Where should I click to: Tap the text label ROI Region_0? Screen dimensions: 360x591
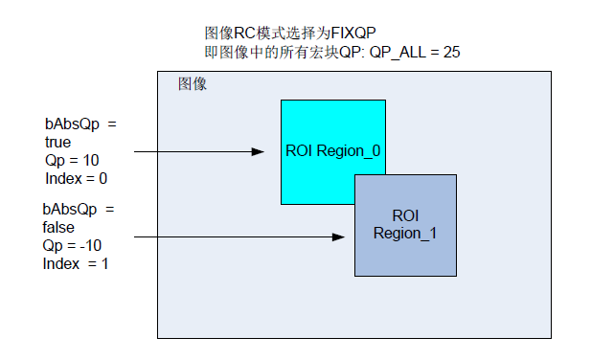pyautogui.click(x=333, y=151)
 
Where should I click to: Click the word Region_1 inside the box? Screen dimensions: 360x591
pyautogui.click(x=405, y=233)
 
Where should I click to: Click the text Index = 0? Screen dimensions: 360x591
pyautogui.click(x=76, y=178)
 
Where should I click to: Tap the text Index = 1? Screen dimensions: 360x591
pyautogui.click(x=76, y=262)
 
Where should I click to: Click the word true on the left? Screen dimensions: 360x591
pyautogui.click(x=58, y=142)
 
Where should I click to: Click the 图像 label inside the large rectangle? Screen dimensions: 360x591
pyautogui.click(x=192, y=84)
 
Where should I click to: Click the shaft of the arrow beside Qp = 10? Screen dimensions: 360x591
pyautogui.click(x=192, y=151)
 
